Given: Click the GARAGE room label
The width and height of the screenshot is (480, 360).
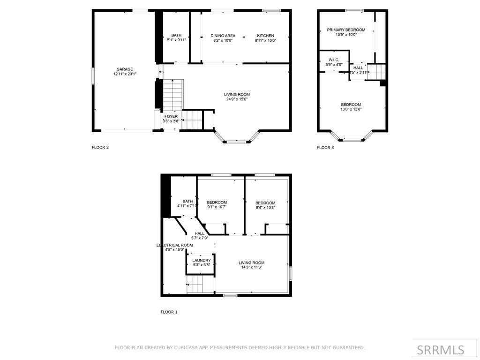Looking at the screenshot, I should click(x=125, y=69).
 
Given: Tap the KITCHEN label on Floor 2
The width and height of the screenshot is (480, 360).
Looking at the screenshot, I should click(x=265, y=36).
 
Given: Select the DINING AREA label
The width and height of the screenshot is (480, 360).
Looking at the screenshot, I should click(x=223, y=36).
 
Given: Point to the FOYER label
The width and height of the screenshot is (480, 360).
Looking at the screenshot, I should click(x=171, y=116).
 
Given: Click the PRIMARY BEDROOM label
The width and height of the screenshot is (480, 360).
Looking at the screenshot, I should click(x=346, y=30).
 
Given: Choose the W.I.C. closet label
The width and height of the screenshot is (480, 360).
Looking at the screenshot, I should click(x=334, y=60).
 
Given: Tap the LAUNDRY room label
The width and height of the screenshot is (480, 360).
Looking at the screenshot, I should click(x=202, y=260).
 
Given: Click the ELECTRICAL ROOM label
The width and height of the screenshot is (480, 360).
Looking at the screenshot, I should click(x=174, y=245).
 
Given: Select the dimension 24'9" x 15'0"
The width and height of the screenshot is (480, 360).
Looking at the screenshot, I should click(x=237, y=99).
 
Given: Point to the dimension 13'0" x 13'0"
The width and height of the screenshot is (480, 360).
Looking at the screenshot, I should click(x=351, y=109).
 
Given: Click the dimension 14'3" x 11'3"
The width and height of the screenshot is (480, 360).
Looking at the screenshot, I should click(x=252, y=268).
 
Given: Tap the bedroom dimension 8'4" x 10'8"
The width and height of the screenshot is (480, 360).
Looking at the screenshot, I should click(x=265, y=207).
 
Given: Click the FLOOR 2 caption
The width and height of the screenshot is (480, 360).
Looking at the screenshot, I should click(x=100, y=147).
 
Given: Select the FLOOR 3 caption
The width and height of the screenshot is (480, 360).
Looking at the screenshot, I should click(x=325, y=147).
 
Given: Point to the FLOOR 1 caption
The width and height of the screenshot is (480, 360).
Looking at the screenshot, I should click(x=169, y=312).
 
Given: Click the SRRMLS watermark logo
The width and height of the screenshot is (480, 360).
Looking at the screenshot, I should click(x=441, y=350).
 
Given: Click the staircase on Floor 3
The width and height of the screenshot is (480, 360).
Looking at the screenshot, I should click(x=376, y=72).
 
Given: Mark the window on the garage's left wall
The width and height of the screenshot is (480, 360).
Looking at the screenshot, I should click(x=93, y=75).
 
